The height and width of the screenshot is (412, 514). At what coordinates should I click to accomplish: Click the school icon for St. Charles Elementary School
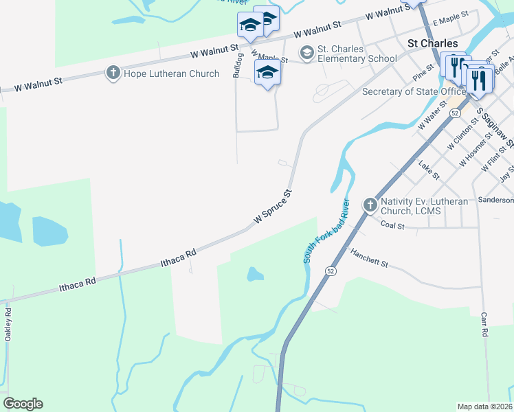coord(306,52)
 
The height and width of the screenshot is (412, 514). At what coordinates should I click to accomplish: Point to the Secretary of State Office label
coord(414,91)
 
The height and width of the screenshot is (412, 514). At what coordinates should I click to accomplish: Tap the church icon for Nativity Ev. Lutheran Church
coord(370,204)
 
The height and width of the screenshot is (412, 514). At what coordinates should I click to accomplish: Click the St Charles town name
coord(432,43)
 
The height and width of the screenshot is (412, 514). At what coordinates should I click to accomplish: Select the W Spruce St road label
coord(273,206)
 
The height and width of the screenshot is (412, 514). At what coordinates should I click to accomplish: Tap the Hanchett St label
coord(369,258)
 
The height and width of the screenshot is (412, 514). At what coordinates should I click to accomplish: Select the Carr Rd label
coord(484,323)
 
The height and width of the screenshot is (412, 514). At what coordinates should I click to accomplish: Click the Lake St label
coord(427,167)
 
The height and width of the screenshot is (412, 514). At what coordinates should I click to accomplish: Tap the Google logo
coord(23,404)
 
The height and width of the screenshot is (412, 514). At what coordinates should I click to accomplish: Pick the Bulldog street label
coord(238,65)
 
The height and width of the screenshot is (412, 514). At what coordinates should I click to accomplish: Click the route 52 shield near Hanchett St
coord(331,271)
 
